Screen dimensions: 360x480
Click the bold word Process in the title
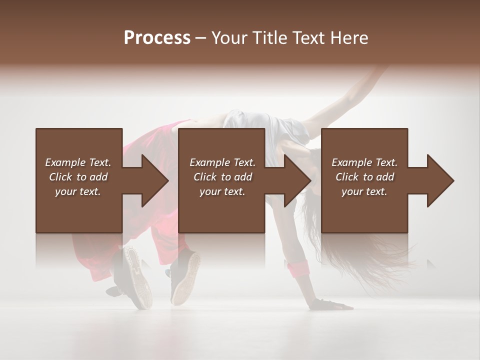point(157,38)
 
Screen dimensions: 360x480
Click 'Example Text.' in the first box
point(78,162)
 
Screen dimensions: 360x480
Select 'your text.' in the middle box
point(222,191)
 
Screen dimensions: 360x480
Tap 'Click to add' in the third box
point(364,177)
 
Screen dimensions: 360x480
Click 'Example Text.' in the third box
point(364,162)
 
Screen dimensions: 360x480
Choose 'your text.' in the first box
point(78,191)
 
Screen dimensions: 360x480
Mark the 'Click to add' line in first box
point(78,177)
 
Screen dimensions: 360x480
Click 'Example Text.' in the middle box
point(222,162)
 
